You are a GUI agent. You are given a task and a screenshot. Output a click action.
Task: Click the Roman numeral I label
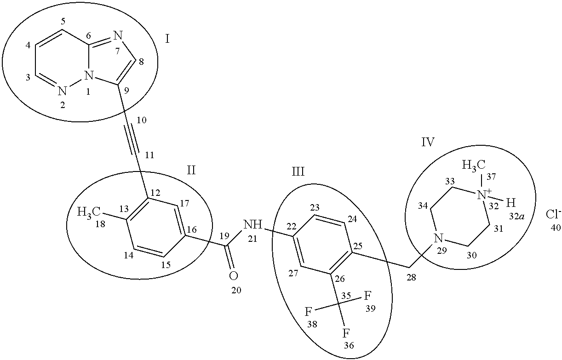point(167,39)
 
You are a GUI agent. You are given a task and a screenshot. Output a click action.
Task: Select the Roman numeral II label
point(191,171)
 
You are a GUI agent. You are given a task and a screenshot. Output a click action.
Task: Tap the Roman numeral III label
point(298,172)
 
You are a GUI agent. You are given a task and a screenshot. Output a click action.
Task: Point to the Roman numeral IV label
point(428,142)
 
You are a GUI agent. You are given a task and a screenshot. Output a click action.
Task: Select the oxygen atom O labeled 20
point(233,276)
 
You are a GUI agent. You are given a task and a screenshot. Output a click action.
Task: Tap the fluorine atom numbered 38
point(309,312)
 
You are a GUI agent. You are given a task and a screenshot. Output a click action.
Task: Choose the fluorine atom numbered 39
point(368,295)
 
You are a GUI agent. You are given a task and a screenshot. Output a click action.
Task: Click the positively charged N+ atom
point(482,195)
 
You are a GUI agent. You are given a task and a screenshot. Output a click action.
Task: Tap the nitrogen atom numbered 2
point(63,91)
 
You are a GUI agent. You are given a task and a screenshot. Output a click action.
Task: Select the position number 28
point(412,277)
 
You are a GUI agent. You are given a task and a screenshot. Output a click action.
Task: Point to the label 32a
point(514,217)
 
